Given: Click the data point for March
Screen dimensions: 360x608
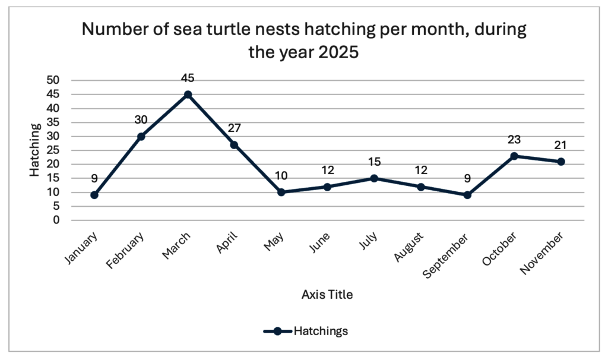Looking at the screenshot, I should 188,94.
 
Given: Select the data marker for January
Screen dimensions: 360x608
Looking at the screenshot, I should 94,195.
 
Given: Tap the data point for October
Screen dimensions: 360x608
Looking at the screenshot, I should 515,156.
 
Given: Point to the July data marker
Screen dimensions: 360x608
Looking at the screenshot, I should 375,178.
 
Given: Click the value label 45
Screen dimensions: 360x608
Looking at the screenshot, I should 188,78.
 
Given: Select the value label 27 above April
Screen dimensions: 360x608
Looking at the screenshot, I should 234,128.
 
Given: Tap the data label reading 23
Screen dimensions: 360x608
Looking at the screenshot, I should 515,139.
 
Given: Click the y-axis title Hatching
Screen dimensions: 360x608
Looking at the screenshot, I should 36,150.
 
